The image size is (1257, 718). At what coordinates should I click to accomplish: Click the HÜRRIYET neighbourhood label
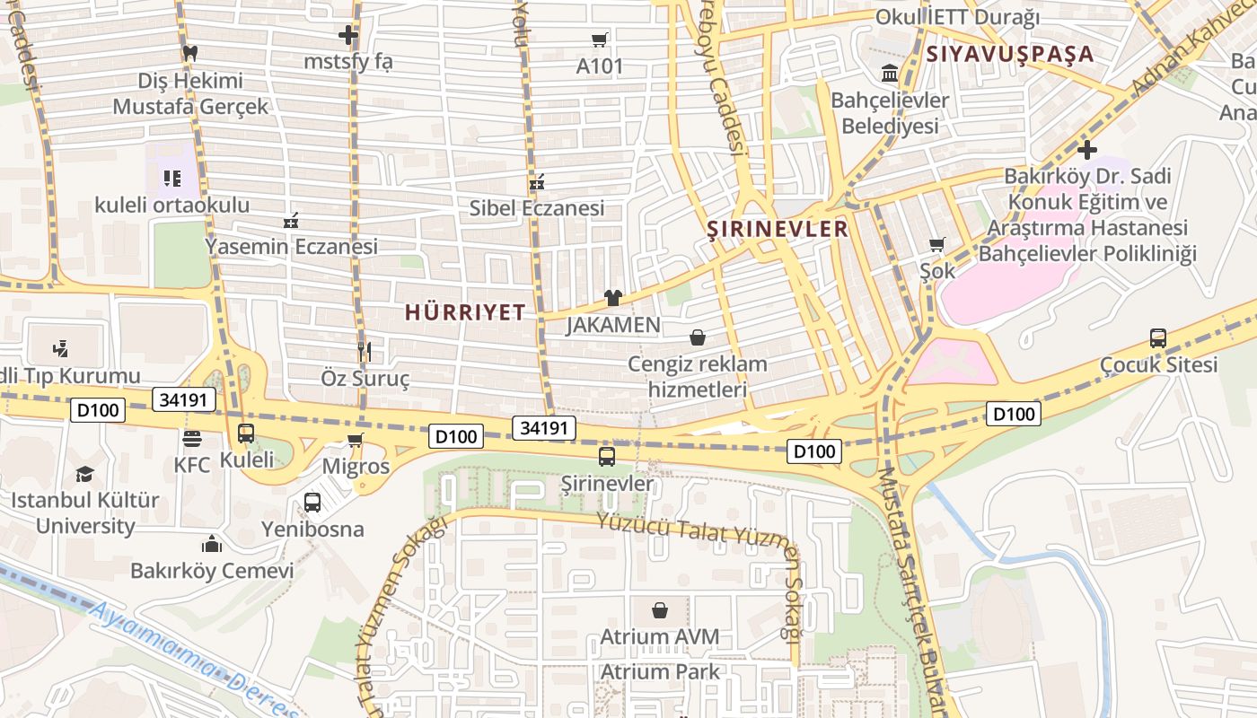[x=464, y=312]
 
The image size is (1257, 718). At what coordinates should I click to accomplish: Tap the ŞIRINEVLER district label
[x=778, y=229]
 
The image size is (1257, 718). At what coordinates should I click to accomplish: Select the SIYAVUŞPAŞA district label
[x=1010, y=54]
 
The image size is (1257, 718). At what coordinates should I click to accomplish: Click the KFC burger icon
[x=191, y=439]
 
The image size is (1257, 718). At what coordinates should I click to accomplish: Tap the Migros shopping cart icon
[x=356, y=440]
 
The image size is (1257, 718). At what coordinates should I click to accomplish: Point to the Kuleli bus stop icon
[x=245, y=433]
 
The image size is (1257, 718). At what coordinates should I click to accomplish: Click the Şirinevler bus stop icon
[x=607, y=456]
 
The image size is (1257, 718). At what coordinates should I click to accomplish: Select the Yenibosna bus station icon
[x=312, y=503]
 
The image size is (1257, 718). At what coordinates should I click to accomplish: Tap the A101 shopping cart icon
[x=599, y=39]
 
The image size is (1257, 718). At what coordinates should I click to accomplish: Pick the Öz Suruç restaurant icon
[x=365, y=351]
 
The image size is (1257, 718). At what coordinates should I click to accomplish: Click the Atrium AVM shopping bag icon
[x=660, y=610]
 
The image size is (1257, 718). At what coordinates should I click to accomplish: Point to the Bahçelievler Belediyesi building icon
[x=890, y=73]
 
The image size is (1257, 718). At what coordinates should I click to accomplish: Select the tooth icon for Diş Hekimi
[x=189, y=53]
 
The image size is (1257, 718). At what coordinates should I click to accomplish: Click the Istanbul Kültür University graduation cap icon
[x=84, y=474]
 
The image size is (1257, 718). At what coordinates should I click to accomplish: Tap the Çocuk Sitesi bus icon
[x=1158, y=338]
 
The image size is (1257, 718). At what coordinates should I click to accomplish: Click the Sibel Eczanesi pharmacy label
[x=537, y=208]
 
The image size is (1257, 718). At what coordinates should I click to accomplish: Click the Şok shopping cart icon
[x=937, y=244]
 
